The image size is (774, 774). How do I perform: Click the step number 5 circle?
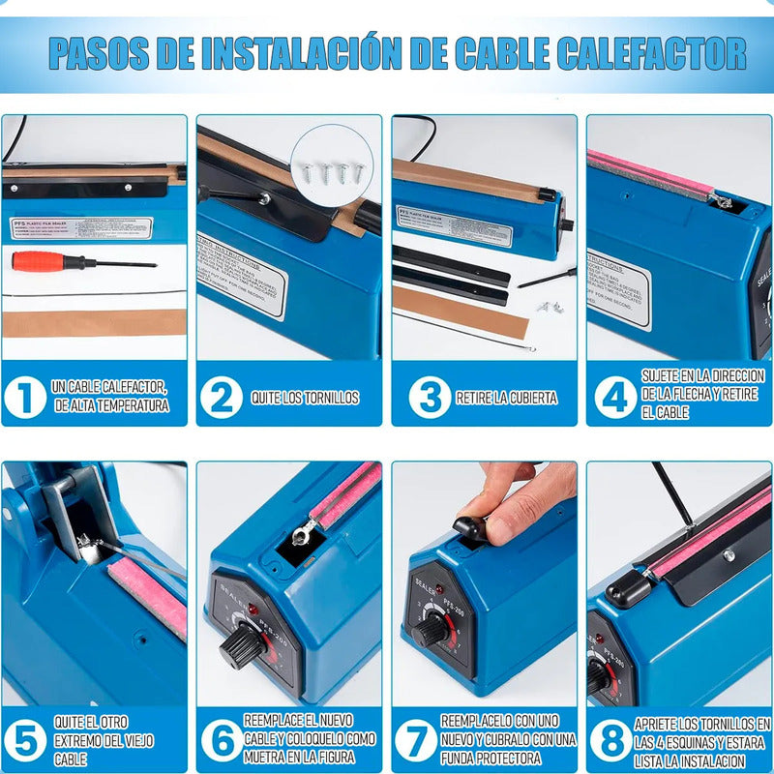click(x=25, y=740)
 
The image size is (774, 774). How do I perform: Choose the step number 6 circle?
click(x=223, y=740)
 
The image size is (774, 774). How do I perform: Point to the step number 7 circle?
click(x=416, y=740)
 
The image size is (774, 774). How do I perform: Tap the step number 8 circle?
click(x=610, y=740)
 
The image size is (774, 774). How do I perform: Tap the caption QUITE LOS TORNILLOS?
click(x=305, y=398)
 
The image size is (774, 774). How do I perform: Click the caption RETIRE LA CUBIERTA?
click(x=507, y=398)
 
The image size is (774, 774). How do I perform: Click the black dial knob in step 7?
click(x=431, y=632)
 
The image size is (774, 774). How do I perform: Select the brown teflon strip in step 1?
click(x=94, y=323)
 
